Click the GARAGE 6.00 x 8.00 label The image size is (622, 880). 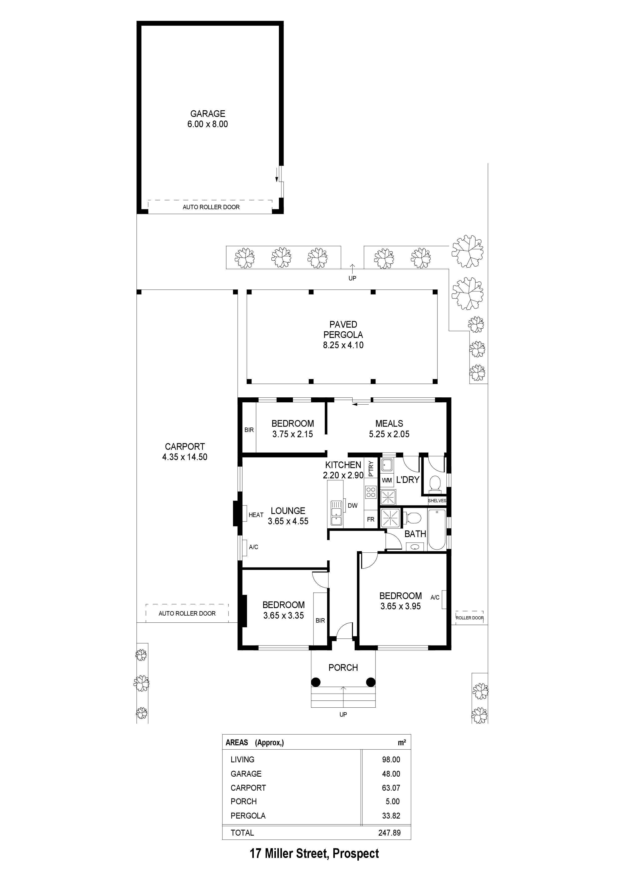(x=207, y=119)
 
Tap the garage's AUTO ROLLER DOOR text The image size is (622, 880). (x=211, y=207)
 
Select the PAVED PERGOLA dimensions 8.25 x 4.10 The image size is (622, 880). (x=343, y=345)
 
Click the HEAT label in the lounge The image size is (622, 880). (x=256, y=515)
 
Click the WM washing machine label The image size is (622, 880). (x=387, y=480)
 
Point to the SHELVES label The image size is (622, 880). (x=437, y=500)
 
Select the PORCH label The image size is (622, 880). (x=343, y=668)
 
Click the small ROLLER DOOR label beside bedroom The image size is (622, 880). (x=470, y=618)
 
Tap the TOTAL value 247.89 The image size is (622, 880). (x=389, y=833)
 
